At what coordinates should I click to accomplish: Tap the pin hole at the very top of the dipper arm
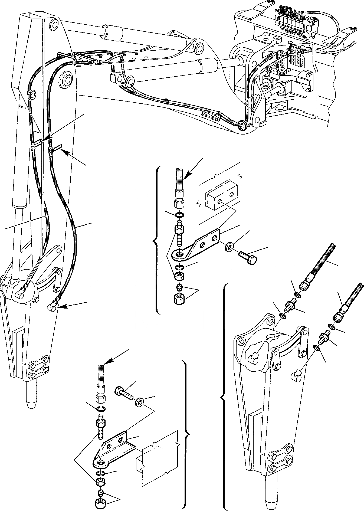55,25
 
